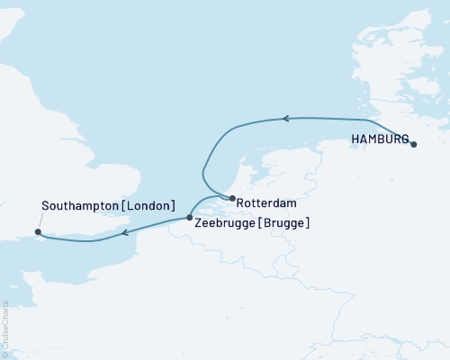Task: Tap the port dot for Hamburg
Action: pyautogui.click(x=413, y=144)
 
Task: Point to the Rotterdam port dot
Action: pyautogui.click(x=232, y=199)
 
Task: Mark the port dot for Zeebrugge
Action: pyautogui.click(x=189, y=218)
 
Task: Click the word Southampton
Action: pyautogui.click(x=79, y=206)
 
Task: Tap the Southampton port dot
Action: pyautogui.click(x=39, y=233)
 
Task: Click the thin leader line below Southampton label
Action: pyautogui.click(x=34, y=222)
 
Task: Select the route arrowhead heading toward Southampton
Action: pyautogui.click(x=125, y=234)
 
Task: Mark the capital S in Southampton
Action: pyautogui.click(x=46, y=206)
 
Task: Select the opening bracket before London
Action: pyautogui.click(x=125, y=206)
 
